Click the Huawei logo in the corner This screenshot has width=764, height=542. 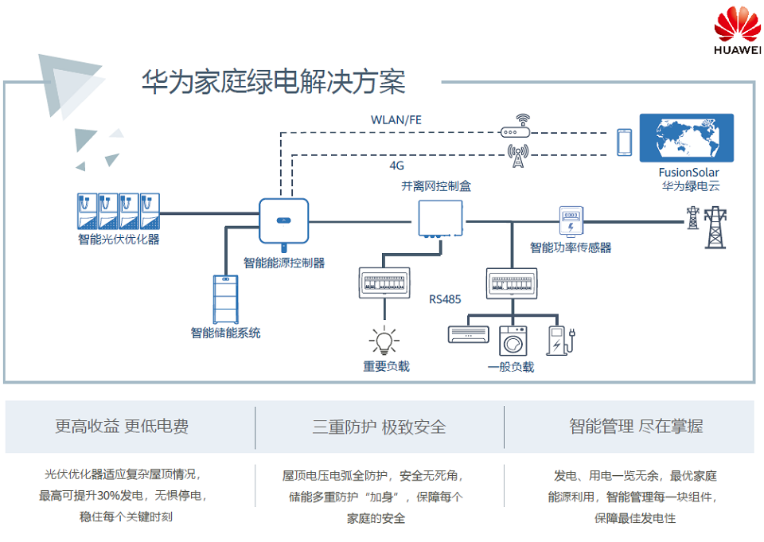(738, 32)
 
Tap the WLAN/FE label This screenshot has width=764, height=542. (396, 119)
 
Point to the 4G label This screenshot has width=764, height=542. (396, 166)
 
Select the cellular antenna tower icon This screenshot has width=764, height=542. (518, 156)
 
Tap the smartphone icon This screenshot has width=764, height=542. (624, 142)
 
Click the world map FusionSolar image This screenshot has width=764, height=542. (688, 138)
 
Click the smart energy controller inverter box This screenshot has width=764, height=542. (283, 221)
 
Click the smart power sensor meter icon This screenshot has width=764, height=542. (571, 220)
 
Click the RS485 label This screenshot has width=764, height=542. (445, 300)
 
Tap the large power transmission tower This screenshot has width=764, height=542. (716, 228)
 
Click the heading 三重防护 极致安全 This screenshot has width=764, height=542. (379, 427)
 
